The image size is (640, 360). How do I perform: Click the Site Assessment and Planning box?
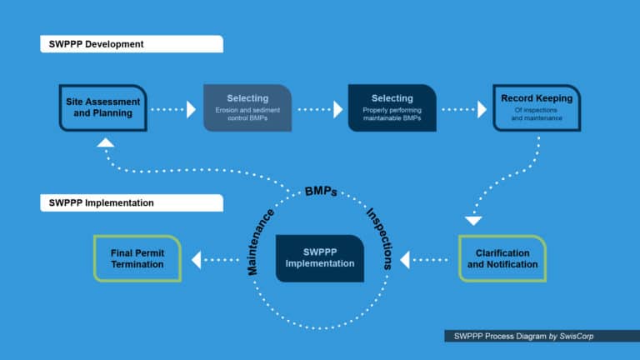click(x=102, y=107)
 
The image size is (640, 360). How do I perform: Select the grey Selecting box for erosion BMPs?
click(x=247, y=107)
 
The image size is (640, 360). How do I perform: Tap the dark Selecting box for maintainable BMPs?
click(x=392, y=107)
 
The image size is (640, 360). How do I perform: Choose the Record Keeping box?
click(x=536, y=107)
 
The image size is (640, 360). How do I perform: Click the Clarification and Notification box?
click(x=502, y=258)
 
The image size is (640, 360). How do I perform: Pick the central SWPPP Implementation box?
click(x=320, y=258)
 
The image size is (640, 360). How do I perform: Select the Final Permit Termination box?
click(x=137, y=258)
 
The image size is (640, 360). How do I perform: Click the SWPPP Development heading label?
click(x=131, y=43)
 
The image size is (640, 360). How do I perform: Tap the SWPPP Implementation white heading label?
click(x=131, y=202)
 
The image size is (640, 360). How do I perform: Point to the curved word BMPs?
click(x=321, y=191)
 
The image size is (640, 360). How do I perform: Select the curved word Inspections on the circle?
click(x=379, y=238)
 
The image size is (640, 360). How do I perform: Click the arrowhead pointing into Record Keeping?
click(x=482, y=108)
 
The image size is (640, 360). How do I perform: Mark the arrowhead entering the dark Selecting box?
click(x=337, y=108)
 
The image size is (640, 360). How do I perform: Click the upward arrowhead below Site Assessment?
click(x=105, y=142)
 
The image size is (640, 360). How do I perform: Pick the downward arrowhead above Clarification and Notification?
click(x=473, y=221)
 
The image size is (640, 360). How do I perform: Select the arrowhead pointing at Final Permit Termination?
click(x=197, y=260)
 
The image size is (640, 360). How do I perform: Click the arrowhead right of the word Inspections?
click(x=405, y=260)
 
